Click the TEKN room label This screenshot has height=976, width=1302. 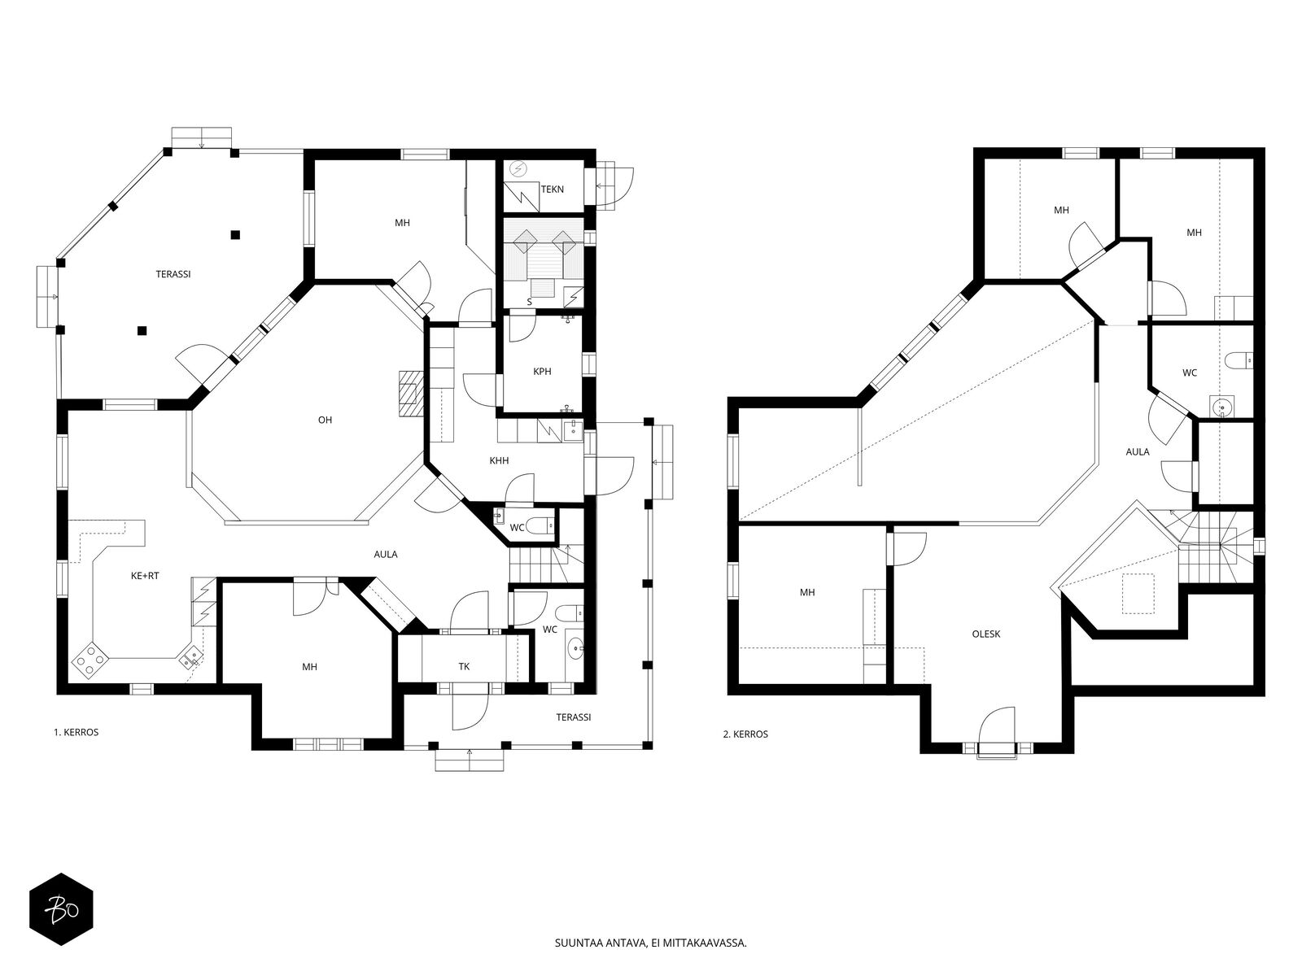tap(552, 190)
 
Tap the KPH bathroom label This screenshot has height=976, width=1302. tap(542, 372)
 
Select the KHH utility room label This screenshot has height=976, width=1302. tap(499, 460)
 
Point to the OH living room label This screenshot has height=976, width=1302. tap(325, 420)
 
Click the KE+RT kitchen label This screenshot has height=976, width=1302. tap(145, 575)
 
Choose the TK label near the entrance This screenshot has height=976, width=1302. tap(464, 667)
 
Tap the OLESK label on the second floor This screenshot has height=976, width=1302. tap(985, 634)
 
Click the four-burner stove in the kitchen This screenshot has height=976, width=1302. tap(90, 660)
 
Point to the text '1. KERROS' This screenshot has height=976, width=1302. tap(76, 733)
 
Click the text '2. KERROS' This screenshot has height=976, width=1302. tap(745, 734)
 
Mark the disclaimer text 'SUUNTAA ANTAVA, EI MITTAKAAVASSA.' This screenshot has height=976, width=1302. tap(650, 943)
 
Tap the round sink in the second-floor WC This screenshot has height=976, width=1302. tap(1221, 407)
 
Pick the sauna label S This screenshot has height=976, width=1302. tap(529, 303)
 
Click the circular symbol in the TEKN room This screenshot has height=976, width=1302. tap(518, 170)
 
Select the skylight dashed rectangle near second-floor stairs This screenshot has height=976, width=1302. tap(1138, 593)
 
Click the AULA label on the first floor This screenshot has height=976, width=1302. tap(386, 555)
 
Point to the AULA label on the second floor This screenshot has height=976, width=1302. tap(1137, 451)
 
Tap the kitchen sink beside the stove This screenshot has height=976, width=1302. tap(191, 656)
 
